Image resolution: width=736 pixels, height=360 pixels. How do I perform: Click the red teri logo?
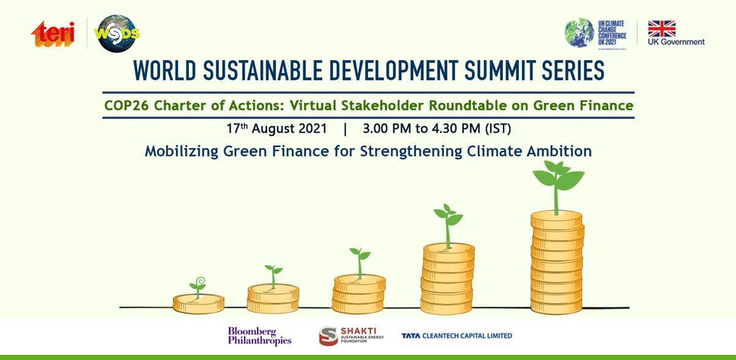(53, 34)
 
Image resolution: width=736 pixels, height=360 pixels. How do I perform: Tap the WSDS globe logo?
(117, 34)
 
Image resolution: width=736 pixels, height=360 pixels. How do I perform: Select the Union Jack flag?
(662, 29)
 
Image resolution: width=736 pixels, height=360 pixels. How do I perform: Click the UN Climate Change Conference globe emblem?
(579, 33)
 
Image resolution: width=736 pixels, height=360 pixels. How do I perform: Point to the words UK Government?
(676, 42)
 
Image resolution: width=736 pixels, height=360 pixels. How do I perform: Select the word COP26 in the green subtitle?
(126, 105)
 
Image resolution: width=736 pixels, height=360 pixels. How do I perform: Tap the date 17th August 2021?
(277, 128)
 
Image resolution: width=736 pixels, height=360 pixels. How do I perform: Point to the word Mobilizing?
(182, 151)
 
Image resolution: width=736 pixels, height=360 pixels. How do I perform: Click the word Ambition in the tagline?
(559, 151)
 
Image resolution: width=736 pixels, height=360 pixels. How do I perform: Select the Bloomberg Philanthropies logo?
(259, 336)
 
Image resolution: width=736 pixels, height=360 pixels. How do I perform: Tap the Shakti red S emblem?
(328, 335)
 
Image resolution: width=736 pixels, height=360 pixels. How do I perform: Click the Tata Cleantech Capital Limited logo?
(457, 335)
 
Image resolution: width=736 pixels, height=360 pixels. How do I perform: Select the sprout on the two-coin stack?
(274, 276)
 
